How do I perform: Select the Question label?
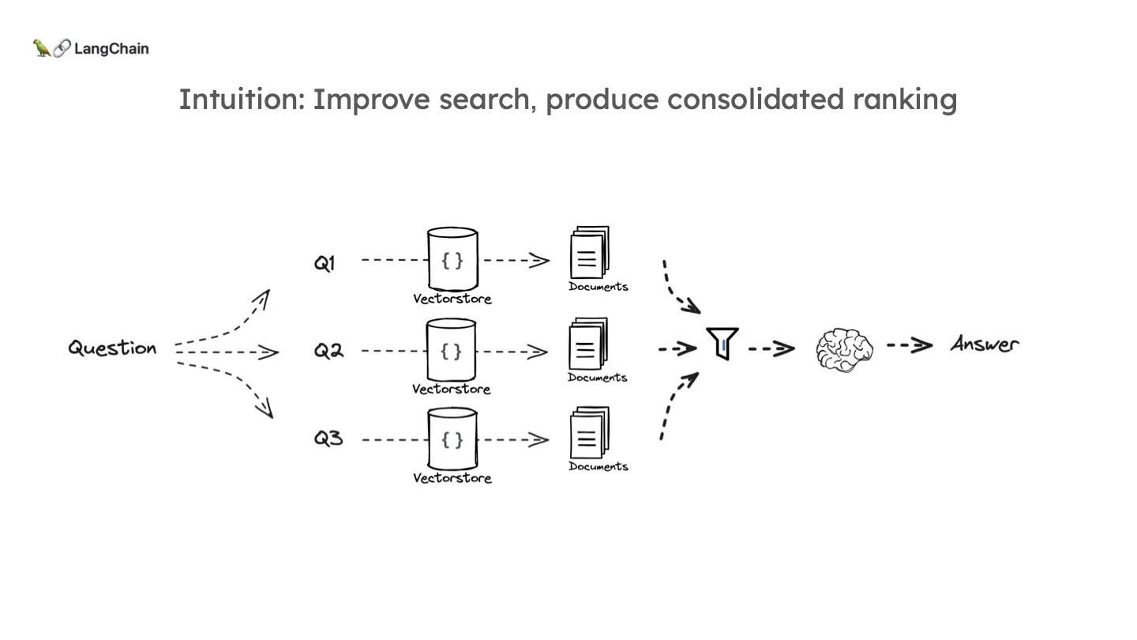(x=112, y=348)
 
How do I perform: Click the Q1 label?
(x=325, y=264)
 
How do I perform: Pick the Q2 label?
(x=328, y=351)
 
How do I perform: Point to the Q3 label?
(x=328, y=438)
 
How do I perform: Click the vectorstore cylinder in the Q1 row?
(x=452, y=260)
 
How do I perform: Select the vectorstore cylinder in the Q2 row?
(x=452, y=350)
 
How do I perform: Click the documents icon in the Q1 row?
(x=589, y=253)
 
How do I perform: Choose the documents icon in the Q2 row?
(x=588, y=344)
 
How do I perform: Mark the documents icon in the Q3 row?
(x=589, y=433)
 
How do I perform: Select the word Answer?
(x=985, y=344)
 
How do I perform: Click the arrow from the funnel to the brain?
(x=771, y=348)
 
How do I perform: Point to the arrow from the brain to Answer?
(x=909, y=345)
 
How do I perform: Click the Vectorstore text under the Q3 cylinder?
(x=452, y=478)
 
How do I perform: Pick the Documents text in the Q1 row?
(x=599, y=287)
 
